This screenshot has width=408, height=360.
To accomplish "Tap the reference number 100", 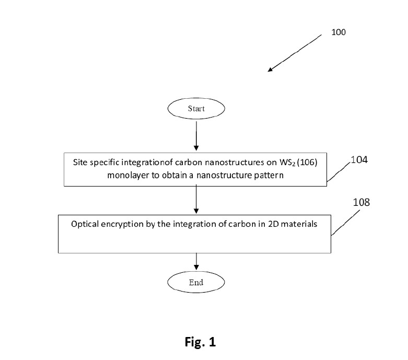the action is click(339, 32).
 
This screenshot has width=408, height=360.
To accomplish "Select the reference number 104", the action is click(359, 159).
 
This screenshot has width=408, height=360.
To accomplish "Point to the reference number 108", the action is click(361, 202).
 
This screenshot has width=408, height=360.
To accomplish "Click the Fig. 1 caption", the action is click(201, 342).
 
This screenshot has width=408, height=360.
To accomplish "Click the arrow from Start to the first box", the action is click(196, 136).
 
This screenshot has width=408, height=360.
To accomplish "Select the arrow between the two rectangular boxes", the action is click(196, 199).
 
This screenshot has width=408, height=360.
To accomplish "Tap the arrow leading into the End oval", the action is click(196, 261).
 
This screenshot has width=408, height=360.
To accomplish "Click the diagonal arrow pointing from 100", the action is click(295, 53).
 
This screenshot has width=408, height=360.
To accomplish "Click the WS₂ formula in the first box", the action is click(287, 162).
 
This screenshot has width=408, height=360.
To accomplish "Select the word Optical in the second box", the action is click(85, 224).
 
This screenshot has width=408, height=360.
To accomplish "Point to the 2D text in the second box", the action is click(273, 224).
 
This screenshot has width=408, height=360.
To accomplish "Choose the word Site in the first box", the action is click(80, 162).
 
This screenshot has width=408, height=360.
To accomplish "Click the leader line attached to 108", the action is click(345, 223).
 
